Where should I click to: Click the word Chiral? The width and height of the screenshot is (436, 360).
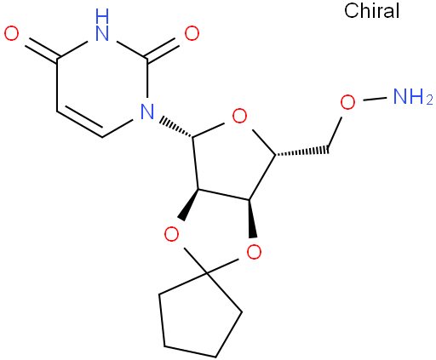point(371,11)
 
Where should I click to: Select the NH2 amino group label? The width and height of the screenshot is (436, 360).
point(413,96)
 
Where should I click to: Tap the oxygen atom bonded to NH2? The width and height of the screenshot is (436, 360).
point(347,102)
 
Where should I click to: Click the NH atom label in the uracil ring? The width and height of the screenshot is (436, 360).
point(102,25)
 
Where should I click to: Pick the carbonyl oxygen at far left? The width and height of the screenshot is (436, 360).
point(11,33)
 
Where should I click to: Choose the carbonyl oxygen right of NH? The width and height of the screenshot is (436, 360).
point(192,33)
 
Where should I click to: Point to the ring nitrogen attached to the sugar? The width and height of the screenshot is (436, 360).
point(147,111)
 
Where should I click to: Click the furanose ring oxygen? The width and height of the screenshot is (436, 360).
point(239,116)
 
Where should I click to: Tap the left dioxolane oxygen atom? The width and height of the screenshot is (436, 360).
point(171,234)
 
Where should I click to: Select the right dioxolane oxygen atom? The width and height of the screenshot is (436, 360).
point(254,252)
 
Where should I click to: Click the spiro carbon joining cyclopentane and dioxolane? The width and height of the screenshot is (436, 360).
point(207,273)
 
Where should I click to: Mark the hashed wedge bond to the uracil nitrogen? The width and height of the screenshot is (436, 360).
point(176,127)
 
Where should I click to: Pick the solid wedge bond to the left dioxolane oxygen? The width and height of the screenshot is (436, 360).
point(190,204)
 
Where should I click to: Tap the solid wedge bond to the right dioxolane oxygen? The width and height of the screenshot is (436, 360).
point(252,219)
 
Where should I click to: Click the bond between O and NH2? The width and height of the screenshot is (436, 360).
point(375,99)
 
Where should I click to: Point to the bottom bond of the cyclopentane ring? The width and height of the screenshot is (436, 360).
point(190,351)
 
